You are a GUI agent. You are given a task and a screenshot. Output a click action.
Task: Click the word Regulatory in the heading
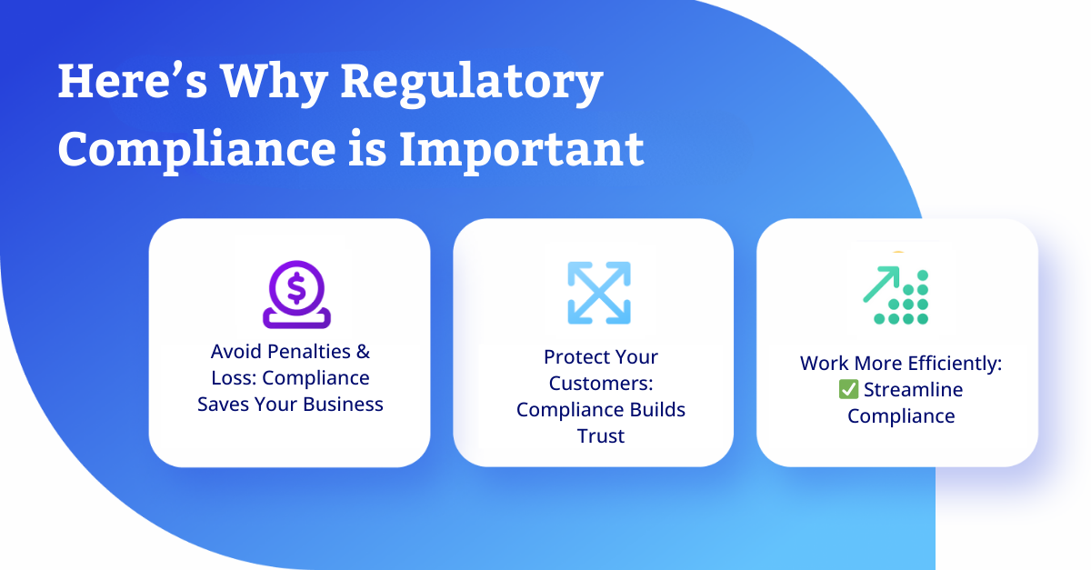472,84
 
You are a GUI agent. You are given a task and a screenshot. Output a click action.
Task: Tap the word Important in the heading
522,151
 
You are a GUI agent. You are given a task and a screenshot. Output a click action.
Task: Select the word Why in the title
274,84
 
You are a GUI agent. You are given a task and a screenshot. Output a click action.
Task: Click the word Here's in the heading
133,81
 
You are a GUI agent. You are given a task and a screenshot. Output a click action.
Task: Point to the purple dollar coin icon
296,295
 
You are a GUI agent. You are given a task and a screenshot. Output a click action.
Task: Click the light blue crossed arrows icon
599,293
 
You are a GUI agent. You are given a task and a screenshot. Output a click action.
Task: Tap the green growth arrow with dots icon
896,295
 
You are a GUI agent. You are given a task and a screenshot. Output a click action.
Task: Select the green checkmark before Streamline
848,389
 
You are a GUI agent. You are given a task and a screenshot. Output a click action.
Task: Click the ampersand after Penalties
363,351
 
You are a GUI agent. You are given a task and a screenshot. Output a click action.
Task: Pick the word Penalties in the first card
309,351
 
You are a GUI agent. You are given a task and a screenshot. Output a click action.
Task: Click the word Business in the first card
343,405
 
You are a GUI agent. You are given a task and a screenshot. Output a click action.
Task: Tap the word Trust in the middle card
601,436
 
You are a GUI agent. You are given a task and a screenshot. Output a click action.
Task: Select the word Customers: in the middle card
601,384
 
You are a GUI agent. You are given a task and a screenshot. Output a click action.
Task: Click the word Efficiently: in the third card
955,364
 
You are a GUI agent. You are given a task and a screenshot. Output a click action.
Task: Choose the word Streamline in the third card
913,390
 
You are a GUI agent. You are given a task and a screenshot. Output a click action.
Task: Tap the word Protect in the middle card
570,357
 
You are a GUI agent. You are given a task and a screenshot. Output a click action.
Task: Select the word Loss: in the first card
234,378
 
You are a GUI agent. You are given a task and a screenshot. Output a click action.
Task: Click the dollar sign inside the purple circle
296,288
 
